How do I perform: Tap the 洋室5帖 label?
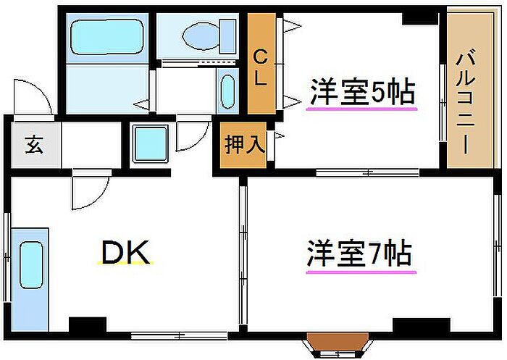click(362, 92)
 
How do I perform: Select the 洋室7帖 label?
click(360, 254)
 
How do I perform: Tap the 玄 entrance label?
click(33, 144)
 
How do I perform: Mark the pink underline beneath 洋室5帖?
click(362, 109)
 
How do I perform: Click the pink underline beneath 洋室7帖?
click(360, 272)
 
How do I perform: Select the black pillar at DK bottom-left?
click(87, 325)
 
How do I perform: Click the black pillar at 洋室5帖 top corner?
click(419, 14)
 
